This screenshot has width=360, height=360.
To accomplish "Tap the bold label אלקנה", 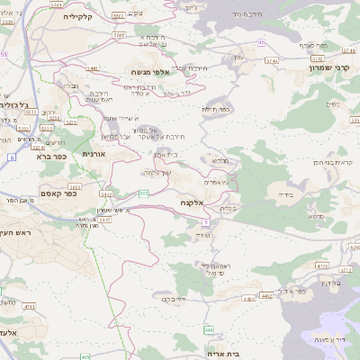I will coord(192,203).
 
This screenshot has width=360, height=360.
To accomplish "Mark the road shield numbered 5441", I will coord(92,67).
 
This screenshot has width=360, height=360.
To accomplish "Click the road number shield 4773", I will coord(321,265).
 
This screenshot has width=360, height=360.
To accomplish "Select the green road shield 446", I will coord(209,330).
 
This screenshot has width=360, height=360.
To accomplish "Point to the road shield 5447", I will coord(106,218).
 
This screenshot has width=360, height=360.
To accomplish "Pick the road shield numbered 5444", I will coord(57,5).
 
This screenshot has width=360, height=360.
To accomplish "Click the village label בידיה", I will coord(286,193).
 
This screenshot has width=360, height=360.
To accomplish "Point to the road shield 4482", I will coord(265,294).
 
